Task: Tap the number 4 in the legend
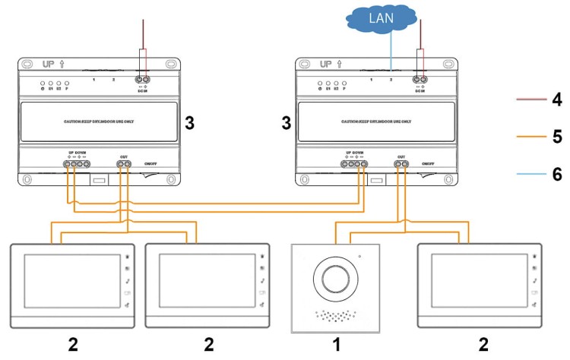(557, 99)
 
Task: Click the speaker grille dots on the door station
(335, 314)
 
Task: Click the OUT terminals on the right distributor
(401, 163)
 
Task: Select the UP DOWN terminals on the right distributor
(354, 163)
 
